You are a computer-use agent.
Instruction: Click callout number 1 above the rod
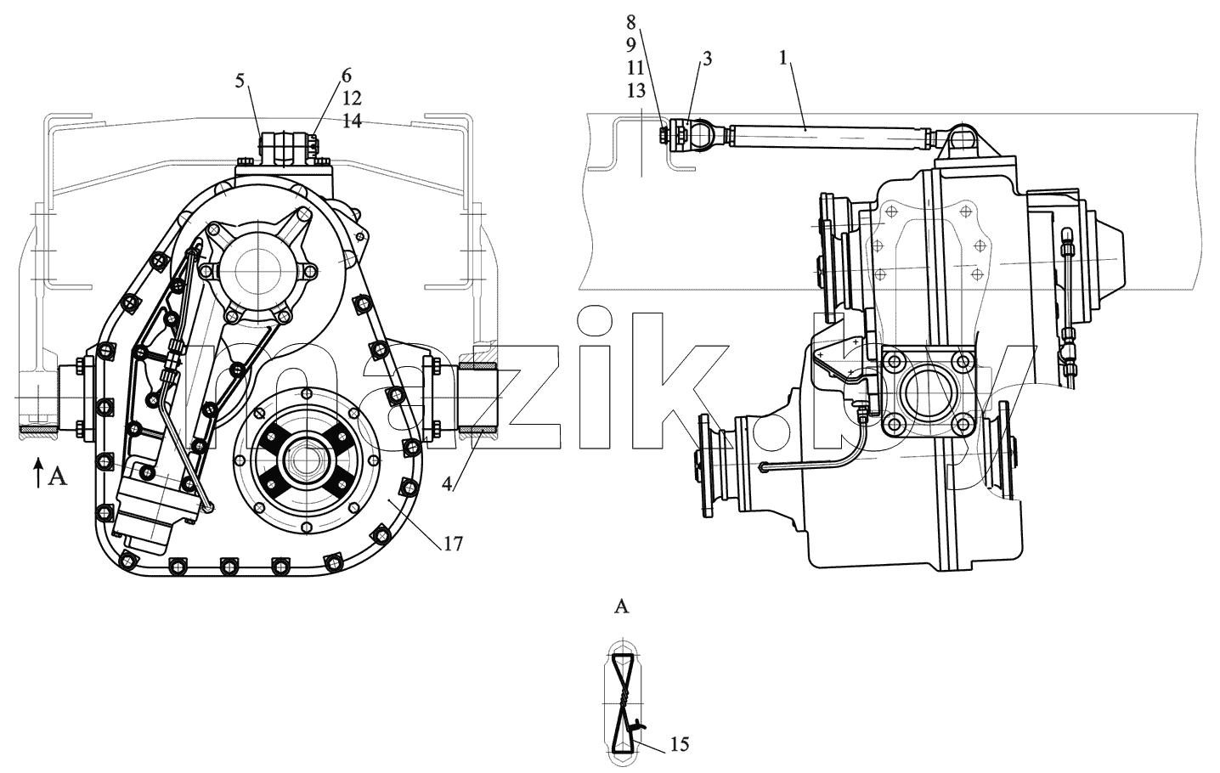(784, 57)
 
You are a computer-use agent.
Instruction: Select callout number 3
(707, 59)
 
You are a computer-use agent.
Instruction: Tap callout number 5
(240, 81)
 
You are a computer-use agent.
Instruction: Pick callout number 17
(453, 544)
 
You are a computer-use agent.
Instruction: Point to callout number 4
(447, 483)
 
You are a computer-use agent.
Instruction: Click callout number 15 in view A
(680, 744)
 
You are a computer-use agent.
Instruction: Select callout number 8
(630, 22)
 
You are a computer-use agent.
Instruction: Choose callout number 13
(635, 90)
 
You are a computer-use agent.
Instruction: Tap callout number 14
(352, 121)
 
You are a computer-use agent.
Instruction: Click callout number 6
(347, 76)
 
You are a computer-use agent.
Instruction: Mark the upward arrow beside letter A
(38, 472)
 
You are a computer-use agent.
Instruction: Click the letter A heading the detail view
(621, 607)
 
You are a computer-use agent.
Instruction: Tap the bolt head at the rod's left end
(664, 135)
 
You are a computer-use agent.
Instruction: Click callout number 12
(352, 99)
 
